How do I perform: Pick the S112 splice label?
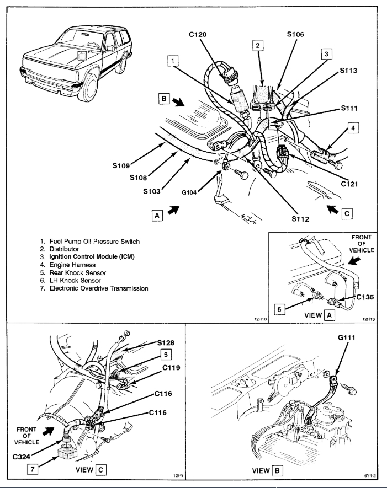point(303,218)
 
